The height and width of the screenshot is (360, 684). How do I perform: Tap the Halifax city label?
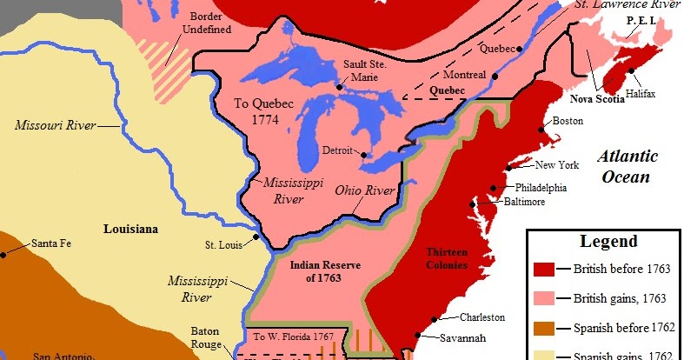tap(640, 91)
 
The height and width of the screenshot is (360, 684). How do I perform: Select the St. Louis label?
tap(222, 245)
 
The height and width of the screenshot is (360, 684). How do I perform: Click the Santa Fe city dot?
tap(5, 254)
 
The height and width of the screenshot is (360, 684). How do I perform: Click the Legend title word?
tap(608, 242)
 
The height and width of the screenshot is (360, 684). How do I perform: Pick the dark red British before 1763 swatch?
tap(545, 269)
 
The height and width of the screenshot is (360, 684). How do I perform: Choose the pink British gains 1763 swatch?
tap(545, 298)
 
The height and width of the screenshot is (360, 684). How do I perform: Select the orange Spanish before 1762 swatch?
tap(545, 328)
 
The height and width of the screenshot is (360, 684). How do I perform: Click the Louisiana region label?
tap(130, 229)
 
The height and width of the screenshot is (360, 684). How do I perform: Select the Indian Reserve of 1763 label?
tap(316, 272)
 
